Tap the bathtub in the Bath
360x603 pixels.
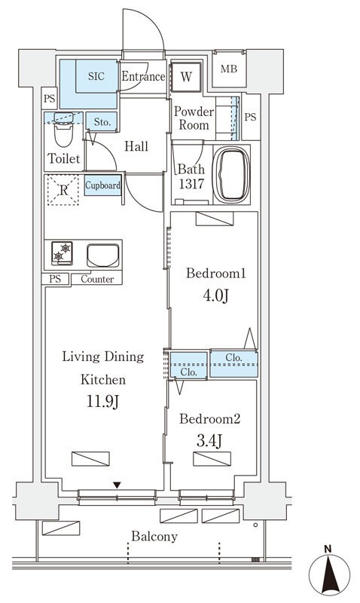pos(231,175)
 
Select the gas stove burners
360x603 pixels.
pos(62,253)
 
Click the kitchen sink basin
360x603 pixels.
pos(102,256)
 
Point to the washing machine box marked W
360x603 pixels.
pos(186,77)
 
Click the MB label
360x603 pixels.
pos(229,69)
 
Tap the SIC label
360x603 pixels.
pos(96,76)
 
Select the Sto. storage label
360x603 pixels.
pos(102,122)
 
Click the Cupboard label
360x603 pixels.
pos(102,185)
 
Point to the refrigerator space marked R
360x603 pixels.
pos(63,190)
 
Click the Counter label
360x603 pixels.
pos(98,279)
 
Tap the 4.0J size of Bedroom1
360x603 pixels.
pos(215,296)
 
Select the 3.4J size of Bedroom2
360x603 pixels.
pos(209,441)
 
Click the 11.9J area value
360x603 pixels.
pos(102,402)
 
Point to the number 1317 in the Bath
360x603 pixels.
pos(191,184)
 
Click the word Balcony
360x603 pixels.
pos(154,537)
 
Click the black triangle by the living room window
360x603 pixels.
pos(117,485)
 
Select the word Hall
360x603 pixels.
pos(136,146)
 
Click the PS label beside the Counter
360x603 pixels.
pos(55,279)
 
